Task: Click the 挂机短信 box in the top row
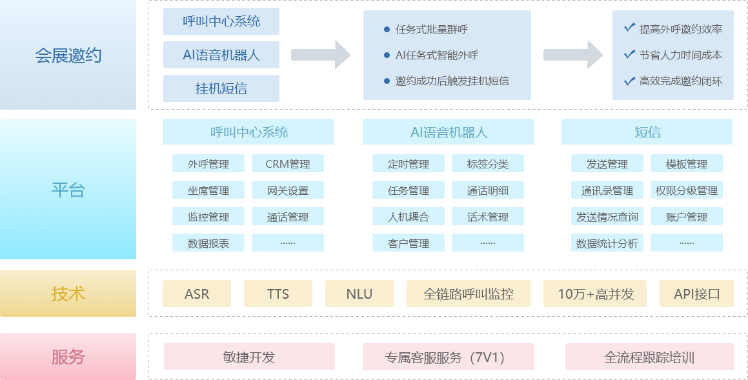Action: pos(221,88)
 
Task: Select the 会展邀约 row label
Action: pos(68,55)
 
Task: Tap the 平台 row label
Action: pos(68,190)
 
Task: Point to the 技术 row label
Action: pos(68,294)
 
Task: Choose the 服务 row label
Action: pos(68,357)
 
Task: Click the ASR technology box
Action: pos(197,294)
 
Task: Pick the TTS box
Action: pos(278,294)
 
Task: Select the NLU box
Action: pos(359,294)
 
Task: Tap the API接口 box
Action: pos(696,294)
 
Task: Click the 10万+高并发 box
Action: pos(596,294)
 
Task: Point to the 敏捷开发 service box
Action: pos(249,357)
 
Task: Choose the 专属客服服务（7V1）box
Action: pos(448,357)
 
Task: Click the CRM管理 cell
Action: pos(288,164)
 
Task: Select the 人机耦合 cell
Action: pos(409,217)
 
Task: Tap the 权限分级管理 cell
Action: pos(686,190)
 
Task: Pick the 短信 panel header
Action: pos(647,132)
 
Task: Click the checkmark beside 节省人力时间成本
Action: pos(629,54)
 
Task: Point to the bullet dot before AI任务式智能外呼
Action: pos(387,55)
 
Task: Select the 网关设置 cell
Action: pos(288,190)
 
